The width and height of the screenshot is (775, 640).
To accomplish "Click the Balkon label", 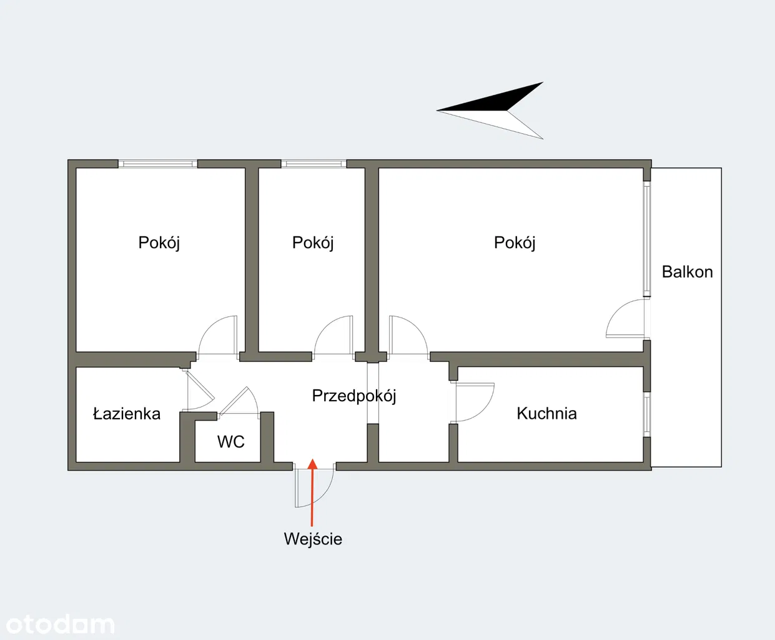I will coord(687,272).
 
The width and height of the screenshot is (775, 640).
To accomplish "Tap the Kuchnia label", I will coord(546,413).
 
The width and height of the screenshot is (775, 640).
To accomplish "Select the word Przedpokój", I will coord(353,396).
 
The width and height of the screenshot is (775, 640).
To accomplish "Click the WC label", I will coord(230,442).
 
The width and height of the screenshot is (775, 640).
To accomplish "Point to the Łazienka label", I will coord(127,414).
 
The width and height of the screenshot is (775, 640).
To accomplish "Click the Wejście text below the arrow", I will coord(313,539).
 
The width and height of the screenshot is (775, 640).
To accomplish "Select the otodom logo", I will coord(60,624).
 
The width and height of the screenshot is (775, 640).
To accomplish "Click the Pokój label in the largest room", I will coord(515,242).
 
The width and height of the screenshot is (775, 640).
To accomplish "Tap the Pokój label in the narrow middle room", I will coord(313,242).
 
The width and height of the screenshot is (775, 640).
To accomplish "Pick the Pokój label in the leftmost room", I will coord(159,242).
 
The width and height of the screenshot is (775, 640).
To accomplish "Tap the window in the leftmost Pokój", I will coord(158,164).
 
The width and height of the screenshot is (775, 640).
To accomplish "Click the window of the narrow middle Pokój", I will coord(313,164).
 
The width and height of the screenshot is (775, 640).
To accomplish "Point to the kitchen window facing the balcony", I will coord(647,414).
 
